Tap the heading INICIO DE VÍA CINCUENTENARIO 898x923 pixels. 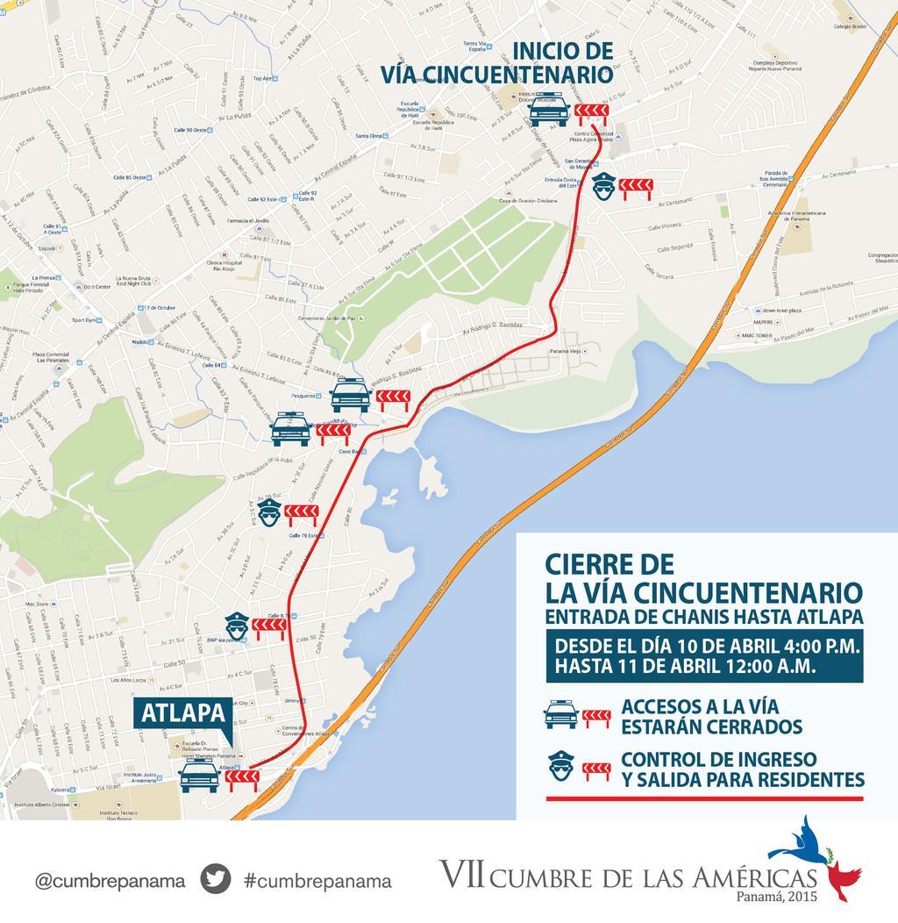click(495, 61)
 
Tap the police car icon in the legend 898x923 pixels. click(561, 714)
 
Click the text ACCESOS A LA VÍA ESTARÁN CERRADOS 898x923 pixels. click(712, 716)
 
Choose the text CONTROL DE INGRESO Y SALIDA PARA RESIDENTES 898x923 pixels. click(742, 769)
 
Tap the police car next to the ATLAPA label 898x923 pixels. click(199, 776)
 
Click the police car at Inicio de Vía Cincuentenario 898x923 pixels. click(549, 110)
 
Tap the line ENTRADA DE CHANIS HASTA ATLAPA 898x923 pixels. click(703, 616)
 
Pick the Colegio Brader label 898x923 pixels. click(849, 26)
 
